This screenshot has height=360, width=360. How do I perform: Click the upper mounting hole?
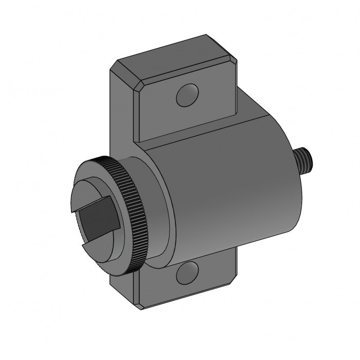point(187,95)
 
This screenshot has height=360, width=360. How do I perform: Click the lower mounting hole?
point(187,273)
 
